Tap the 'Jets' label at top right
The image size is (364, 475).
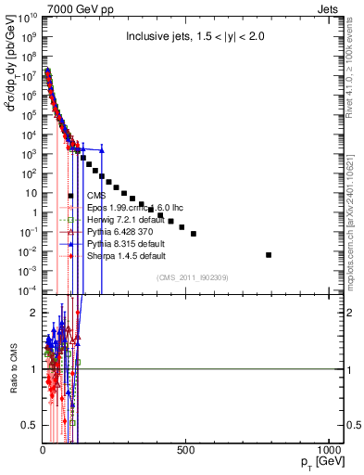click(x=331, y=8)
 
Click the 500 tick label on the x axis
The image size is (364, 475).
click(x=186, y=452)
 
